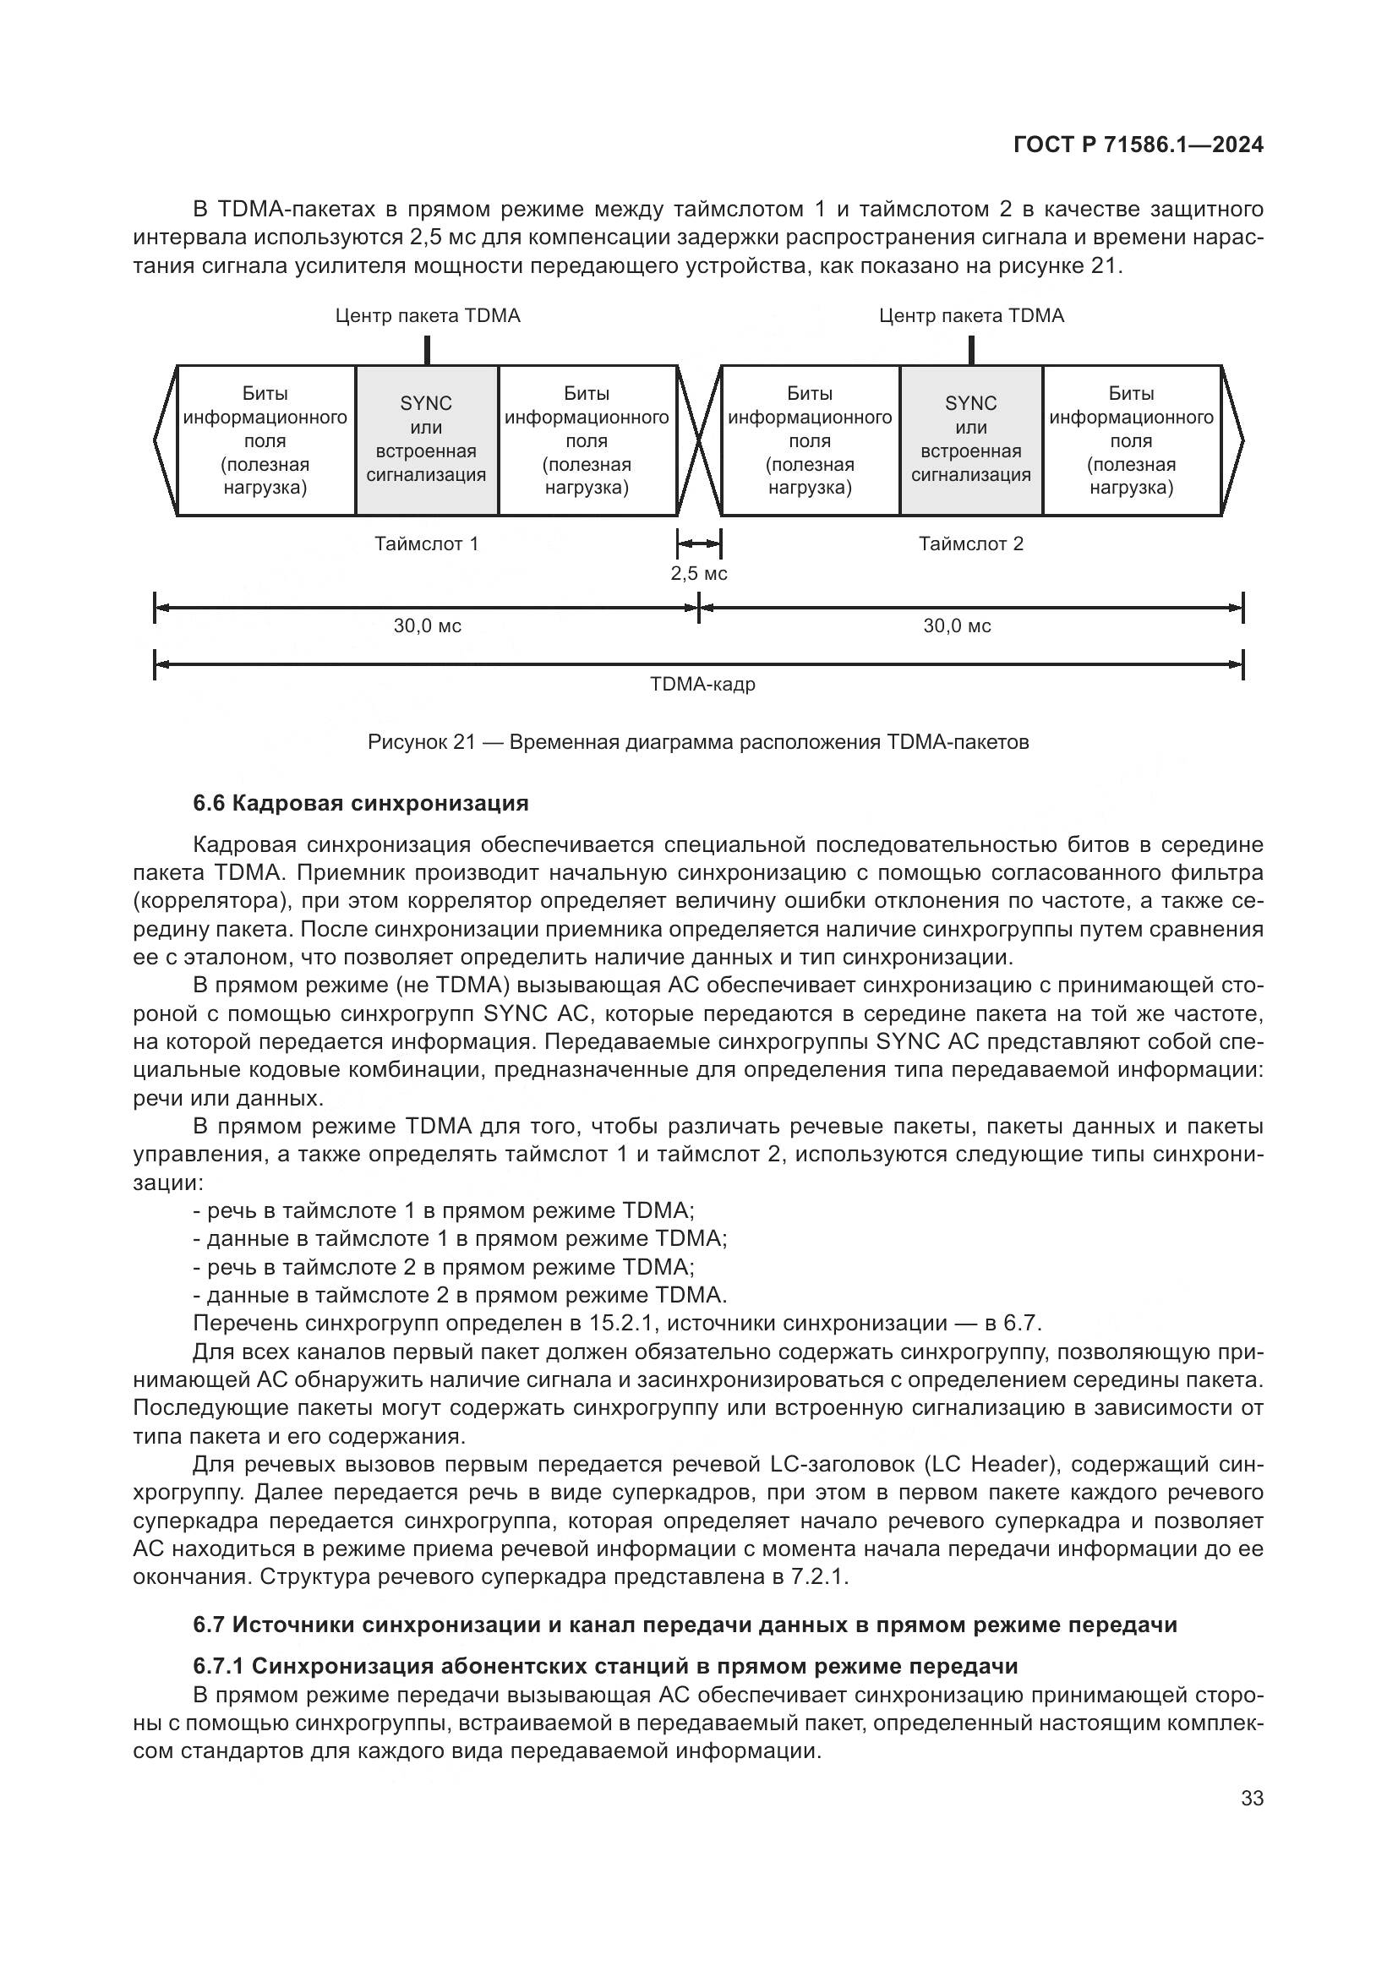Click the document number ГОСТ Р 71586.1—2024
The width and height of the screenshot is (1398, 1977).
coord(1138,145)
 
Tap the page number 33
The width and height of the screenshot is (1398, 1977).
coord(1252,1798)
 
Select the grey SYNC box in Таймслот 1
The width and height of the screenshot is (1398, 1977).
coord(426,440)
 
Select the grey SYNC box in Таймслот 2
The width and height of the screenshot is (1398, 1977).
coord(971,440)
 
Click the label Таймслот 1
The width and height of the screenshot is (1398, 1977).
coord(426,544)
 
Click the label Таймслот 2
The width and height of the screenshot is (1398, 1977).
coord(971,544)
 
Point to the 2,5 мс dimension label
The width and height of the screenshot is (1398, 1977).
coord(699,573)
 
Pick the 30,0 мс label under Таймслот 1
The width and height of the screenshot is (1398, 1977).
coord(427,626)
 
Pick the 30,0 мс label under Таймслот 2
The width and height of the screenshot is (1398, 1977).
coord(958,626)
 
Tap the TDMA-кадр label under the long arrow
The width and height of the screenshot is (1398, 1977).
coord(702,685)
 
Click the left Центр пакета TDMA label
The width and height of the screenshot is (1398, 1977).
coord(428,316)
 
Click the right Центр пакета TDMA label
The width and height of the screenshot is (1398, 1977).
coord(971,316)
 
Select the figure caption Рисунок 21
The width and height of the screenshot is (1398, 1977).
coord(698,742)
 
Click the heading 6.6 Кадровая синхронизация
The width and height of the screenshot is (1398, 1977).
coord(361,803)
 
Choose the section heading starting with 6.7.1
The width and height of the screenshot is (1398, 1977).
coord(605,1666)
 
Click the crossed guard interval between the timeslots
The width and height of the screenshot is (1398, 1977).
coord(699,440)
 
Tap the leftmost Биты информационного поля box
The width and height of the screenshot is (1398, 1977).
coord(265,440)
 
